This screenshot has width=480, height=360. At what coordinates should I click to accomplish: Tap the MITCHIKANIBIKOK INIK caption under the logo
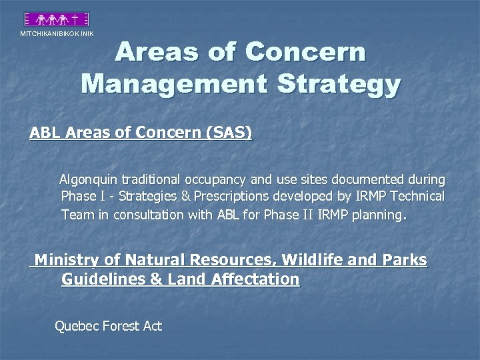57,34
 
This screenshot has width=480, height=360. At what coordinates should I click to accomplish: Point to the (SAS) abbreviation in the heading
230,133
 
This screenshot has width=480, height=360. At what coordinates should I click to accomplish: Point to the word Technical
417,197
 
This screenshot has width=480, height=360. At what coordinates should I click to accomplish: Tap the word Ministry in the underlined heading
66,260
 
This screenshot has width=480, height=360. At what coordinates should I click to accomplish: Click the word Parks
405,260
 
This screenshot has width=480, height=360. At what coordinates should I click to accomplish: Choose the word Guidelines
103,279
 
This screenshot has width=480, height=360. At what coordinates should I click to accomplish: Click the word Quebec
76,326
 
